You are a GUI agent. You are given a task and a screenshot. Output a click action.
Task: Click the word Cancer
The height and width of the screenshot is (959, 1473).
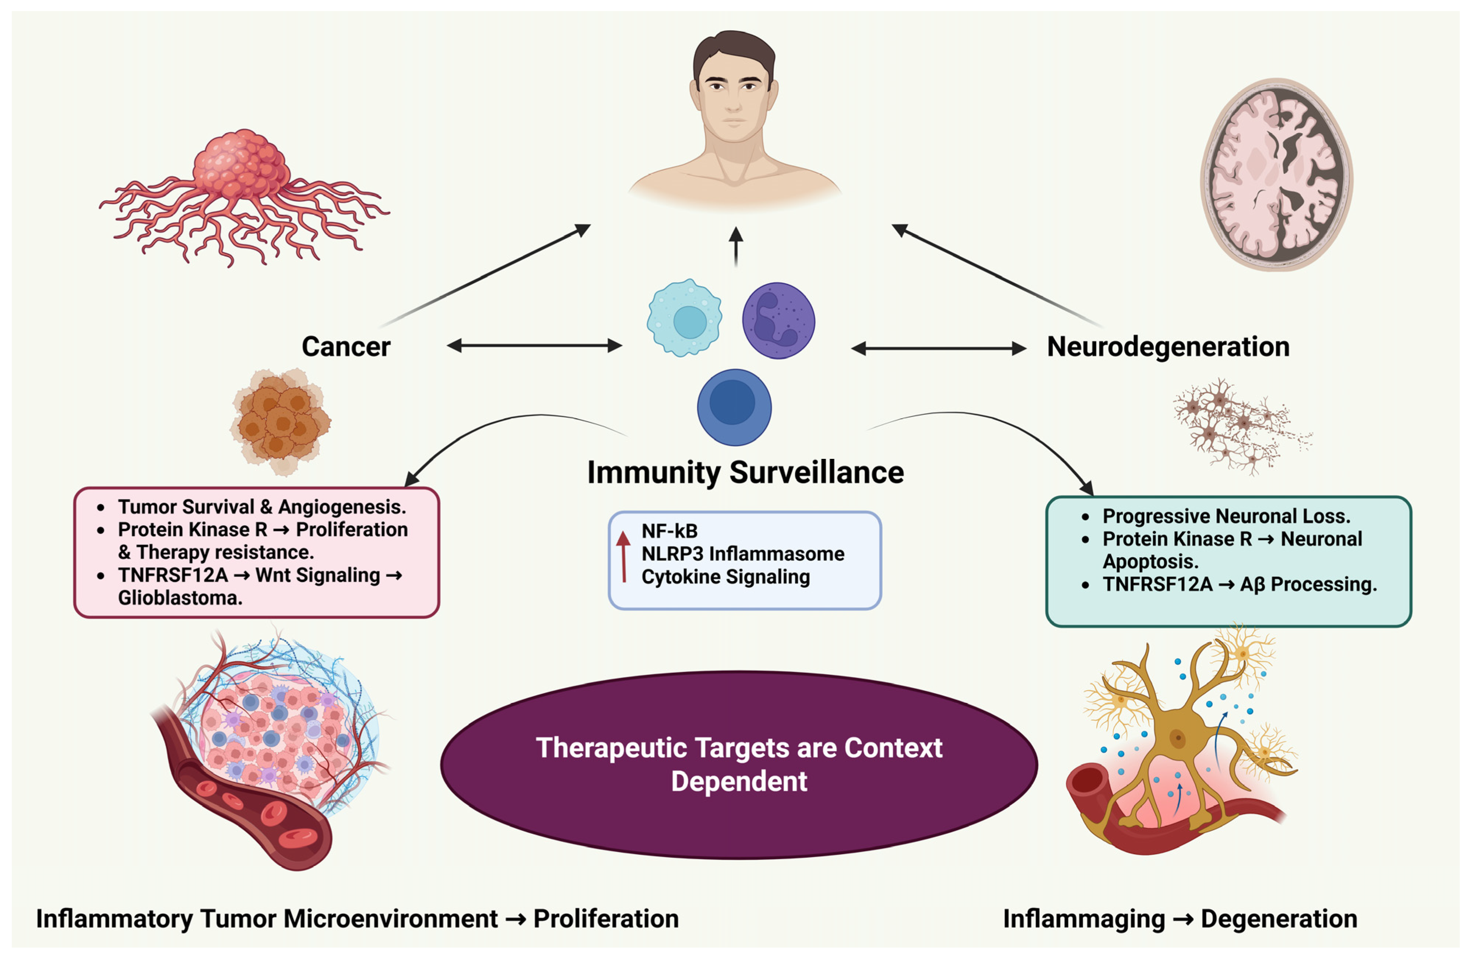pos(346,347)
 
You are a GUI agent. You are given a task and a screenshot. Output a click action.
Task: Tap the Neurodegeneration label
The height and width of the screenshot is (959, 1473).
pos(1168,347)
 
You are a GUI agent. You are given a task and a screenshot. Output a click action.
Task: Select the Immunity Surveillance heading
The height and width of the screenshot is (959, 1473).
pos(745,473)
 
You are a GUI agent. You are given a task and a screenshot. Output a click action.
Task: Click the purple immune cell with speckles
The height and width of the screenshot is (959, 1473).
pos(778,321)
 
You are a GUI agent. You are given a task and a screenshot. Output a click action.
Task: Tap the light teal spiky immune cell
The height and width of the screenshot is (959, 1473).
pos(685,317)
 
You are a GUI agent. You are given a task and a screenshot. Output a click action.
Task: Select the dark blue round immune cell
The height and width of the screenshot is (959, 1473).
pos(734,407)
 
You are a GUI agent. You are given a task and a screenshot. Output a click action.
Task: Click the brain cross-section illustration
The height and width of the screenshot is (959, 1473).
pos(1276,175)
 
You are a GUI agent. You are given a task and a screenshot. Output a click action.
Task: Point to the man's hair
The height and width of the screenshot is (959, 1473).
pos(734,49)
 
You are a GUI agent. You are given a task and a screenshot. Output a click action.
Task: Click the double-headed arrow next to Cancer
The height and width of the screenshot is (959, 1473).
pos(534,345)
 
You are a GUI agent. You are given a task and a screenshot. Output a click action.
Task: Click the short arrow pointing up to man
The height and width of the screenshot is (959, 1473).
pos(735,246)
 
